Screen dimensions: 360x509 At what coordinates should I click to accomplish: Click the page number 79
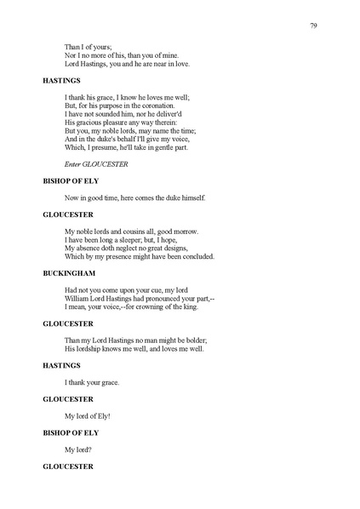314,25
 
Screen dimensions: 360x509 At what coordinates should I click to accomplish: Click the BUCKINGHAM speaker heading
69,274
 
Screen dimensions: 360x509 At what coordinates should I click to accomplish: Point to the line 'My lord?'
77,449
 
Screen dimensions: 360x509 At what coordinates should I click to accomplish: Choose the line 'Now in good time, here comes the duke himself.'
134,197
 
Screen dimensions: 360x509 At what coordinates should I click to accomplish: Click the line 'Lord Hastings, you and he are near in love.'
128,64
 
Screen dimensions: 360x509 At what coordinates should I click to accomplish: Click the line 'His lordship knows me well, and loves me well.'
136,349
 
